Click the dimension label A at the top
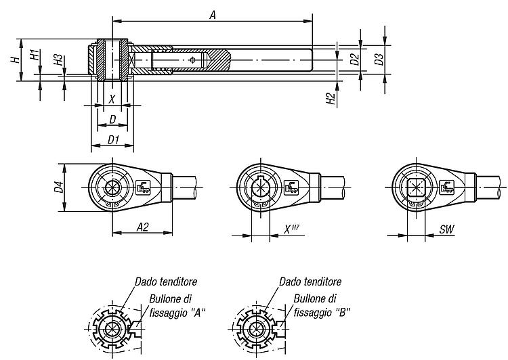pos(212,15)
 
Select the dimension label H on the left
pos(15,60)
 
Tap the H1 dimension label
pos(35,54)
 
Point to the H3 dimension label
pos(58,60)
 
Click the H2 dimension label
pos(330,98)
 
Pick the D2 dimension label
pos(355,59)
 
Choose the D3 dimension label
pos(379,59)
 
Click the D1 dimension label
pos(113,140)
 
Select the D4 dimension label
pos(59,187)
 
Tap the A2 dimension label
pos(142,227)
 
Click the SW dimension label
pos(447,229)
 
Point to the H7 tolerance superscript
pos(295,227)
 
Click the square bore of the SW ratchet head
pos(416,187)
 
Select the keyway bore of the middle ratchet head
pos(261,187)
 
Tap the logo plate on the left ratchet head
pos(143,187)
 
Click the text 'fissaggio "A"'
pos(177,313)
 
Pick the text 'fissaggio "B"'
pos(322,313)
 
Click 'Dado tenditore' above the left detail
pos(166,282)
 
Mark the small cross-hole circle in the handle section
pos(192,60)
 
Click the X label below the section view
pos(112,99)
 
